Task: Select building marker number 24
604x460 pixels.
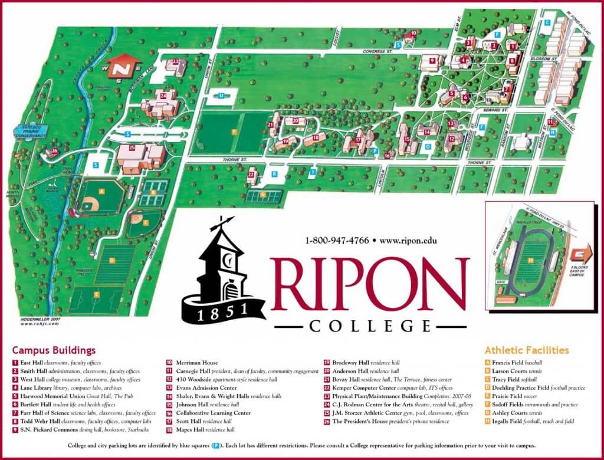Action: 162,96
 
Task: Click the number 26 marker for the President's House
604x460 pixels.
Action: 55,151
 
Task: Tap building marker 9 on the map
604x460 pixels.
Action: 432,60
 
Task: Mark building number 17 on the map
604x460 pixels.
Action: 358,140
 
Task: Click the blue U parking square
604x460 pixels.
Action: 221,95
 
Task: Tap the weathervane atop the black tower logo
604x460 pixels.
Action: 221,224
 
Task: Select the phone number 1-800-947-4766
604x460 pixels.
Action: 337,241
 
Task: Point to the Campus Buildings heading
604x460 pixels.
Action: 54,350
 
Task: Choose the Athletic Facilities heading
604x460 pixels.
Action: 527,350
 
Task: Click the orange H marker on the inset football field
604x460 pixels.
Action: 531,260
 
